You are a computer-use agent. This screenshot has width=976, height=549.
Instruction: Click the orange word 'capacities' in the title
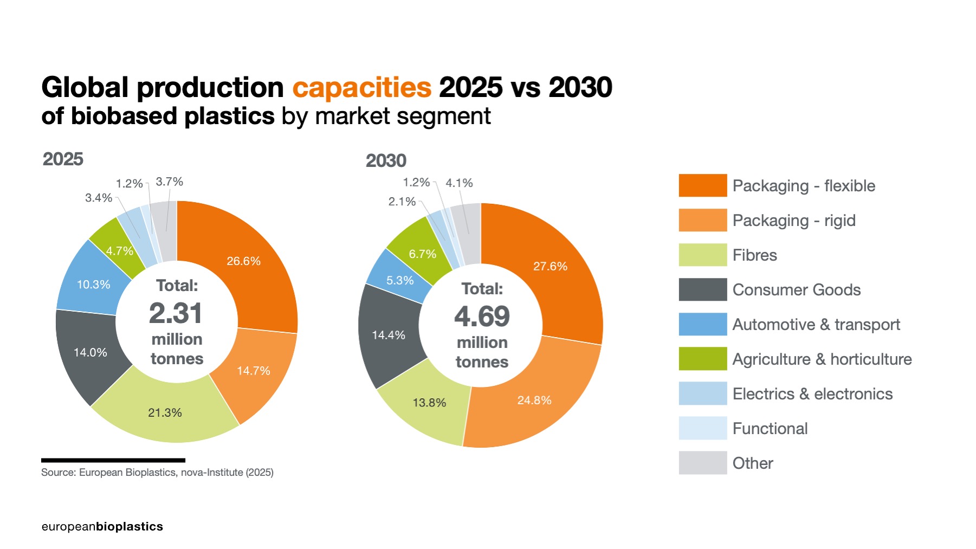pos(361,87)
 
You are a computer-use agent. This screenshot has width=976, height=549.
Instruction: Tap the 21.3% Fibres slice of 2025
pos(165,412)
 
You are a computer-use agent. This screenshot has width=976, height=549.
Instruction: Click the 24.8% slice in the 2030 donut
pos(534,400)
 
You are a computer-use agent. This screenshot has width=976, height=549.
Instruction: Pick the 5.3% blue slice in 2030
pos(399,280)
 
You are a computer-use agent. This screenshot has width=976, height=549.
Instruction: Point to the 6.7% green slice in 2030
pos(422,254)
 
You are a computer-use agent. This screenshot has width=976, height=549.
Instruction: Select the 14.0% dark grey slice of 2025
pos(91,352)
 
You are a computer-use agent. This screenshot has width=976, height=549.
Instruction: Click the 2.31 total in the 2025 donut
pos(176,313)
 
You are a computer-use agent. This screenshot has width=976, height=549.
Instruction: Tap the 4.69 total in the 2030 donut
pos(482,317)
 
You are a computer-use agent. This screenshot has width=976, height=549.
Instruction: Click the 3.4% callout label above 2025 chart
pos(99,198)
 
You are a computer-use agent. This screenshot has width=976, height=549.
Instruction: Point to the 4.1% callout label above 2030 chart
pos(459,183)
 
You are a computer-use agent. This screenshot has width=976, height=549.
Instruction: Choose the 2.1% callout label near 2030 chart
pos(402,202)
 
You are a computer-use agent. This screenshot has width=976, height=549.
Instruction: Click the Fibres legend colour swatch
pos(702,255)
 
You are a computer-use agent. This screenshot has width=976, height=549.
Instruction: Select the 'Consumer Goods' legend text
pos(796,290)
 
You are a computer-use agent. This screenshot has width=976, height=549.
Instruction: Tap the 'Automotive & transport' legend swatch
pos(702,324)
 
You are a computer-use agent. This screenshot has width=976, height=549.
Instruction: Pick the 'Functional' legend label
pos(770,429)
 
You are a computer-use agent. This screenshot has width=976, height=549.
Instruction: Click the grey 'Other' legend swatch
pos(702,463)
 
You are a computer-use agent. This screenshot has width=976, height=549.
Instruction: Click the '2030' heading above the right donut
pos(386,161)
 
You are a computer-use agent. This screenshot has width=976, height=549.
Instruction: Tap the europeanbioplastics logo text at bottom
pos(102,527)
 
